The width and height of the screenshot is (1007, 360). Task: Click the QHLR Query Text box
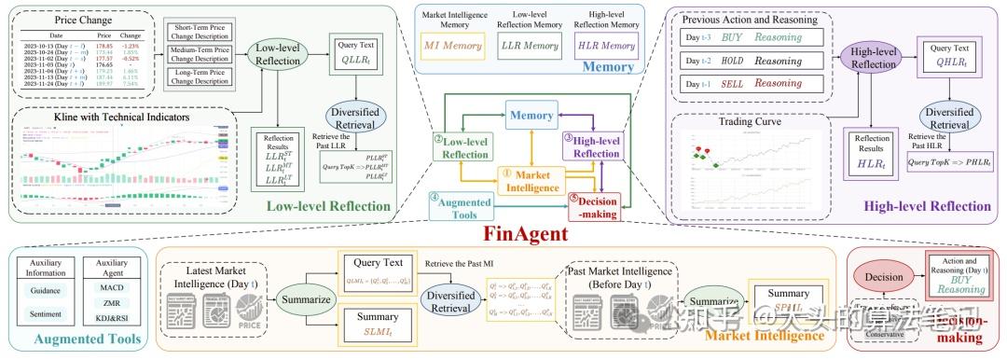point(948,59)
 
